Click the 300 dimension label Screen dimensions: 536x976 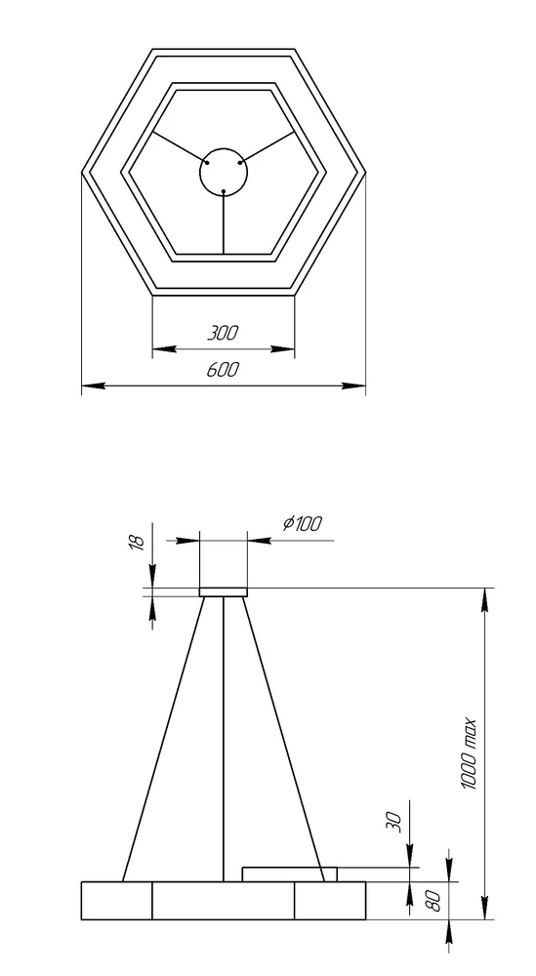[223, 333]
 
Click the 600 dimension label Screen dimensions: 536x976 [223, 370]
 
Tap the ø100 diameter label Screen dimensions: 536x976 [303, 523]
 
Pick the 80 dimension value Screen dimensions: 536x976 [434, 900]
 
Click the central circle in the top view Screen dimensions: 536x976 [224, 148]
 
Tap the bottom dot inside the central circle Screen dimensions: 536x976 [224, 191]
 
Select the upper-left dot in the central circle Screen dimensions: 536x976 [207, 163]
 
